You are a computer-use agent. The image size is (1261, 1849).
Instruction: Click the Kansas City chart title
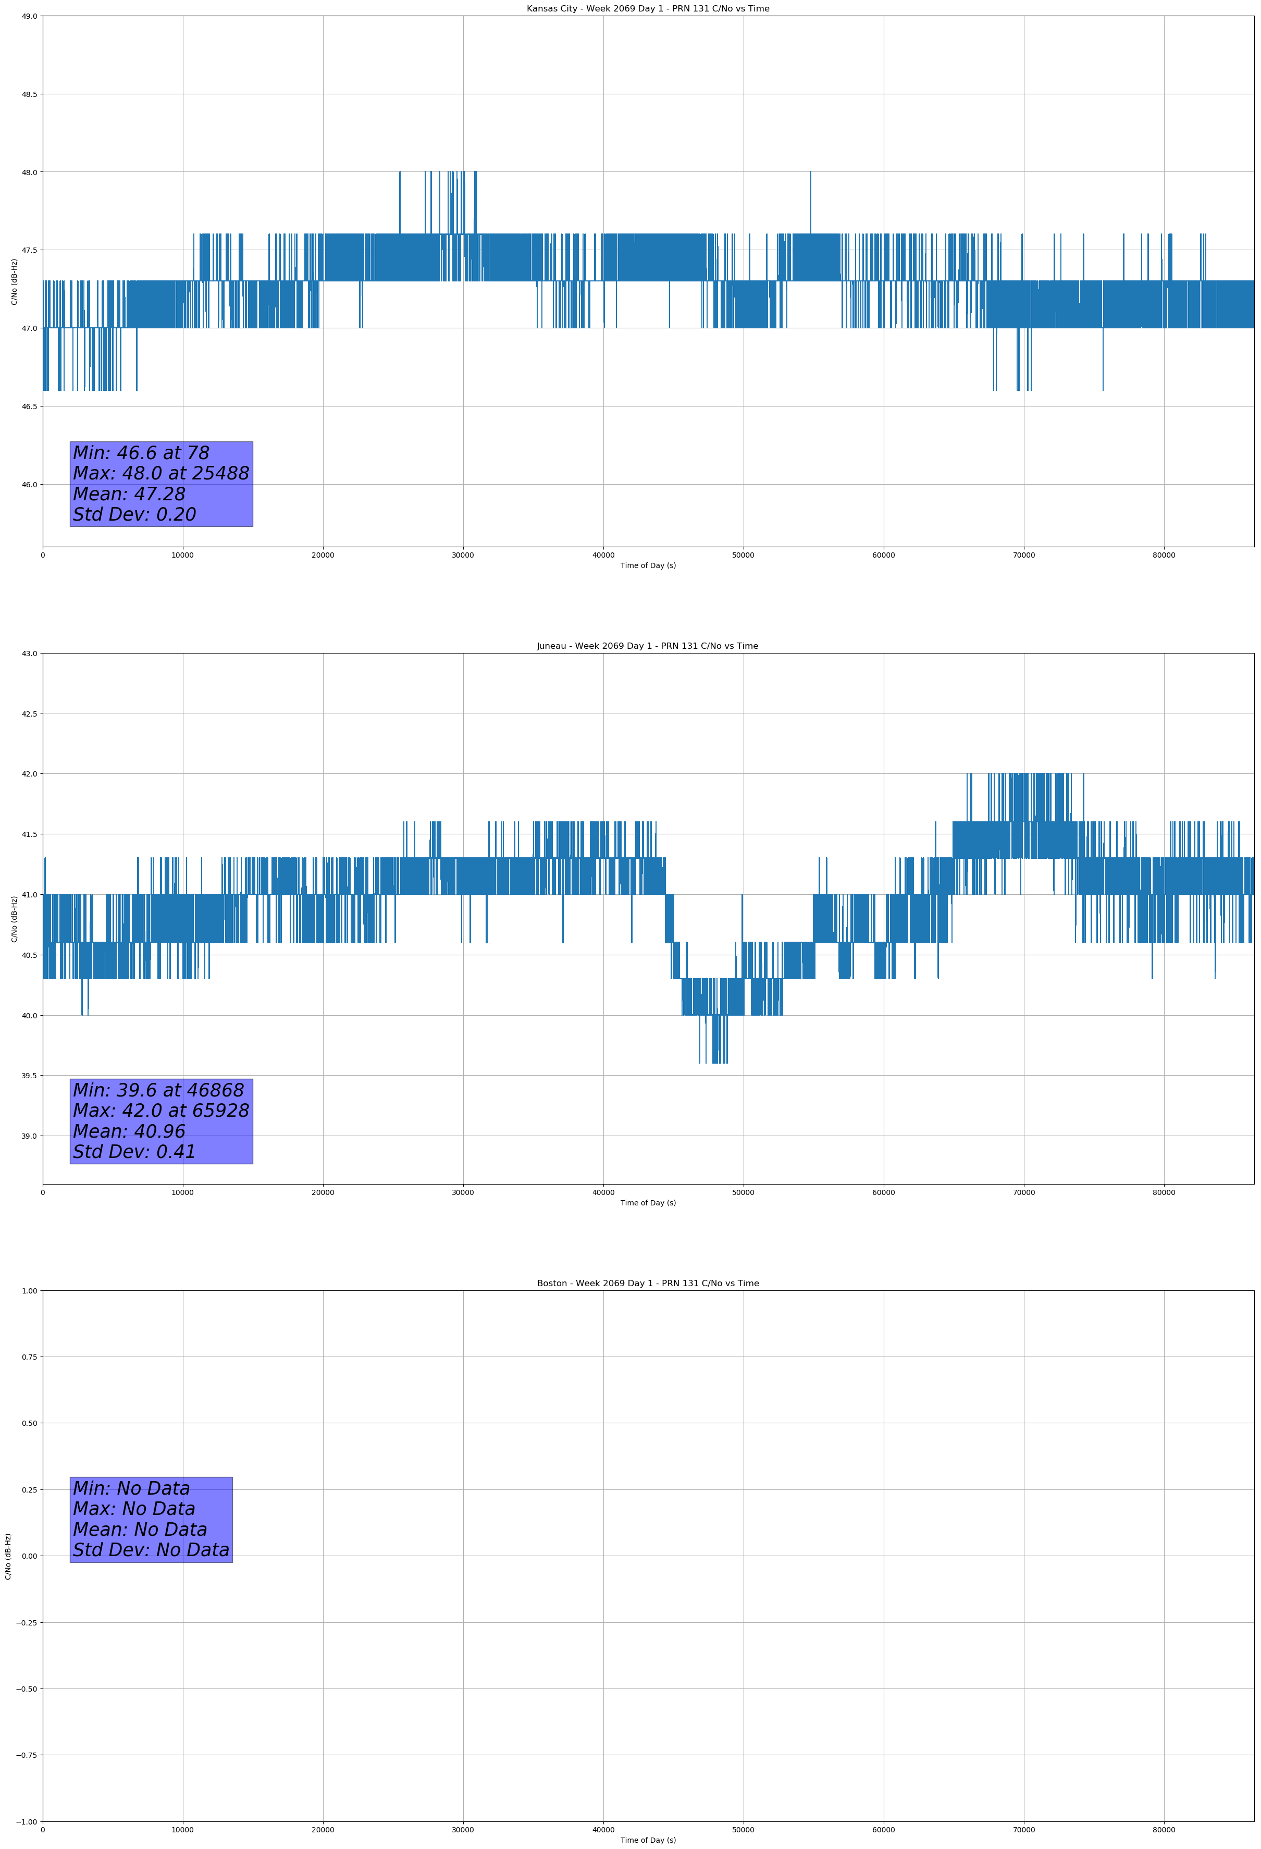click(x=648, y=9)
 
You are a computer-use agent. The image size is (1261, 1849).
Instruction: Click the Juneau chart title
click(x=648, y=646)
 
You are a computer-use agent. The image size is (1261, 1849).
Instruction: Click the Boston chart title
click(x=648, y=1284)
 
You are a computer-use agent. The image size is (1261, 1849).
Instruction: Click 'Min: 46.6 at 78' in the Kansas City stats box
click(x=141, y=453)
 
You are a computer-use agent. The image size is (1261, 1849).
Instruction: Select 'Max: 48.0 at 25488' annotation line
click(x=160, y=473)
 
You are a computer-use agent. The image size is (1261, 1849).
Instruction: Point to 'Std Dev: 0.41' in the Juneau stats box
click(x=134, y=1151)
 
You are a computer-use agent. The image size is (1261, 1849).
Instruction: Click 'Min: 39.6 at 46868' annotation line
click(x=158, y=1090)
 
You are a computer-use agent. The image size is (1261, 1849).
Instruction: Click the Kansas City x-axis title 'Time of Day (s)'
click(x=648, y=565)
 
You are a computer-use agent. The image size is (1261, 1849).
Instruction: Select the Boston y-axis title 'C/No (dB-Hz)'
click(x=9, y=1556)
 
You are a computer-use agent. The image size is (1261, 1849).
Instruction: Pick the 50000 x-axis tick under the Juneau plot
click(x=743, y=1192)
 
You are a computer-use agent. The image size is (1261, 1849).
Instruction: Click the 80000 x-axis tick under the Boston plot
click(x=1163, y=1830)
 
